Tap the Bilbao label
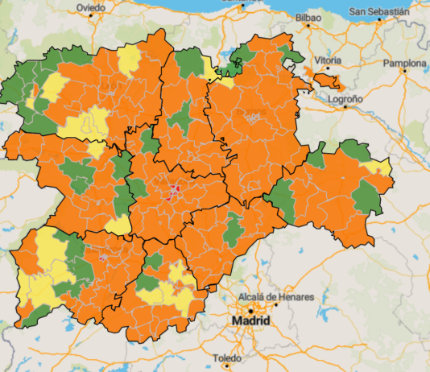click(x=308, y=17)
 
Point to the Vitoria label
click(x=328, y=60)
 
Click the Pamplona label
click(x=403, y=63)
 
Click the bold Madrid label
click(x=253, y=321)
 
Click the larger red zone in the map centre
click(x=174, y=191)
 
